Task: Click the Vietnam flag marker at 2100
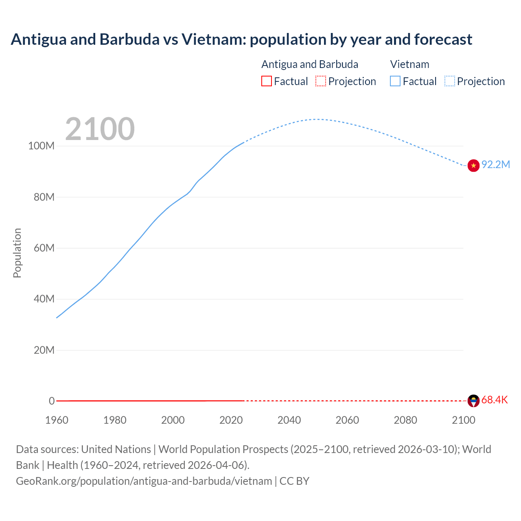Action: tap(473, 166)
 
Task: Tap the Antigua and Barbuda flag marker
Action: tap(473, 401)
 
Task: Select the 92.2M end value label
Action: tap(496, 164)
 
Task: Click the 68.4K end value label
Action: tap(495, 400)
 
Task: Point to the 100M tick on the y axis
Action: tap(41, 146)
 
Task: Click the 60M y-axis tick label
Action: tap(44, 248)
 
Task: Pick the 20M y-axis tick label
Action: tap(44, 350)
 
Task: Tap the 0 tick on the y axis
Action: tap(52, 401)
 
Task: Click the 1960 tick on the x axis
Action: tap(57, 420)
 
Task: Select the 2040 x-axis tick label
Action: tap(289, 420)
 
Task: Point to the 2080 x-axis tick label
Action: tap(405, 420)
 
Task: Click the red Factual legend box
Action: tap(267, 81)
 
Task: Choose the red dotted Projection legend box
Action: tap(321, 81)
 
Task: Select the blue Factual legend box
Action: tap(395, 81)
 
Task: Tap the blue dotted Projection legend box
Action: tap(450, 81)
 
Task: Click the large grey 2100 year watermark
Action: tap(100, 129)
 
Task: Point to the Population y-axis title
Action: tap(17, 253)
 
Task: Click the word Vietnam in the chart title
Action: tap(214, 39)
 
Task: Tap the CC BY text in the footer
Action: tap(294, 481)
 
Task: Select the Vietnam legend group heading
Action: tap(409, 64)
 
